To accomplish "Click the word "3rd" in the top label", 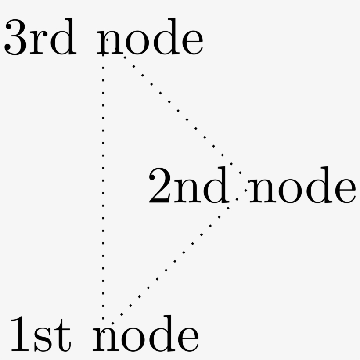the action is click(40, 37).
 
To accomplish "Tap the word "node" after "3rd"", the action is click(150, 37).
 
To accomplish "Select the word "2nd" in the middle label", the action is click(189, 185).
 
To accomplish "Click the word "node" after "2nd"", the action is click(302, 185).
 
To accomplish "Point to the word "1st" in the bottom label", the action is click(41, 334).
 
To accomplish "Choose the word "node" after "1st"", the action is click(146, 334).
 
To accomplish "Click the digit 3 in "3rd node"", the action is click(15, 37).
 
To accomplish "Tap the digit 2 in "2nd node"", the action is click(160, 186).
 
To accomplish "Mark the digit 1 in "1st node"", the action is click(20, 334).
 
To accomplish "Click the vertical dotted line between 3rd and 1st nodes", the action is click(103, 187).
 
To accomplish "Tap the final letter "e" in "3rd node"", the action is click(193, 43).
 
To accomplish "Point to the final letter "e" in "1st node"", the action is click(188, 340).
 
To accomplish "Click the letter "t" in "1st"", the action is click(63, 337).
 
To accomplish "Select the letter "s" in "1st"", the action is click(43, 340).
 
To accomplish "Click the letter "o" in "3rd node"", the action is click(137, 43).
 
